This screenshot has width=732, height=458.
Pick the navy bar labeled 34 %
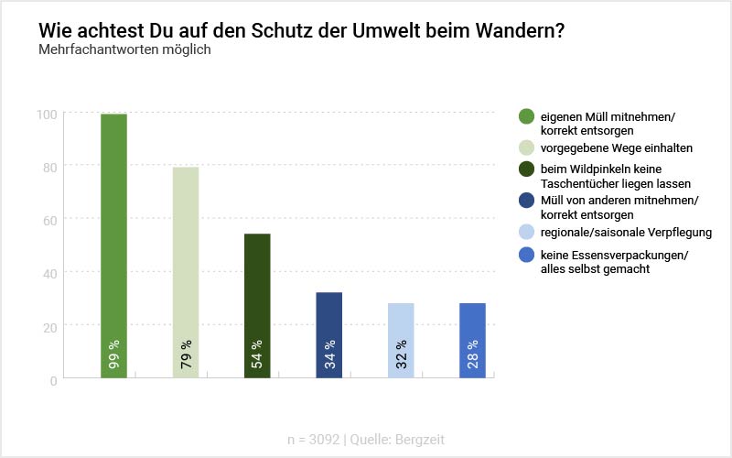click(328, 334)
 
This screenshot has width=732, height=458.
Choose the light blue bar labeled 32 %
click(401, 340)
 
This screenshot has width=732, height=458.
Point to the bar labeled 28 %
click(472, 340)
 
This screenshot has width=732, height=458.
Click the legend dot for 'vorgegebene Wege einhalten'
click(526, 147)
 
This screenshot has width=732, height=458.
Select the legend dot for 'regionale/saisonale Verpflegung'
click(526, 232)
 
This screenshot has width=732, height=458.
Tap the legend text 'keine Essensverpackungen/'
click(614, 255)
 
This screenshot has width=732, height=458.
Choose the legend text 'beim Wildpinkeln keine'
click(600, 169)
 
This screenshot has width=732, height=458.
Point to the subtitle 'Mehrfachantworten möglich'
click(124, 49)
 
